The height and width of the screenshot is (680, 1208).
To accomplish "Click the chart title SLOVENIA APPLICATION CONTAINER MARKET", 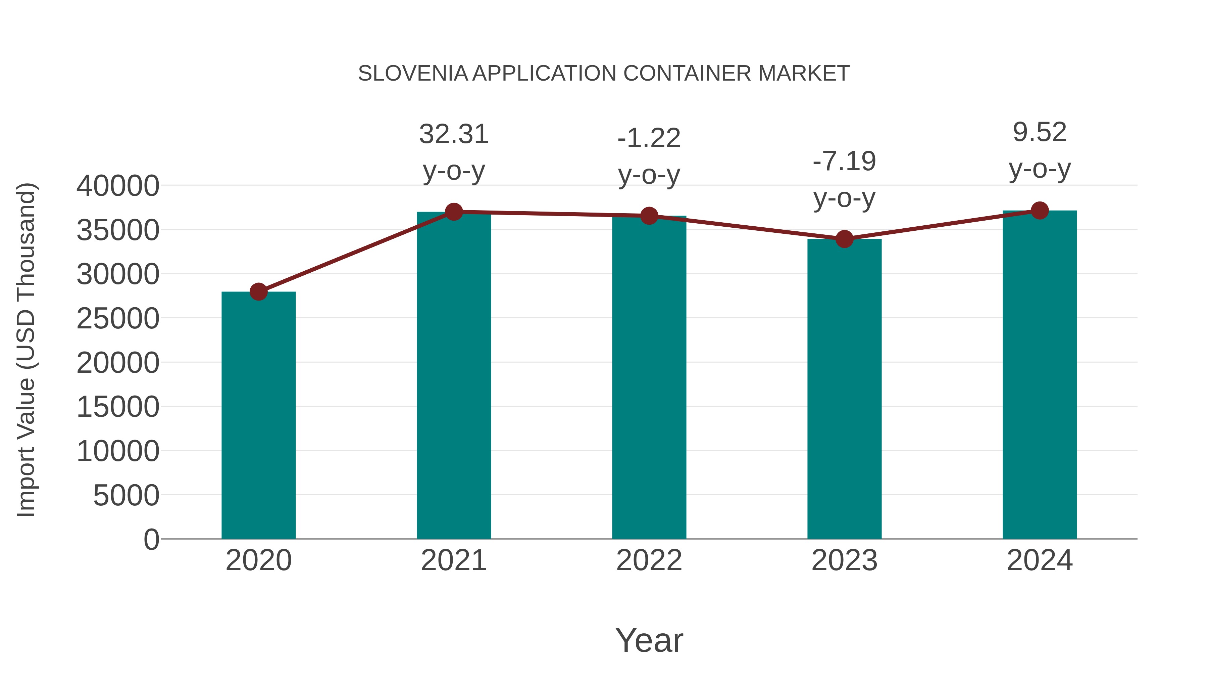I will pyautogui.click(x=604, y=74).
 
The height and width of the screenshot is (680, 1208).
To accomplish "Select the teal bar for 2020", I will pyautogui.click(x=258, y=415).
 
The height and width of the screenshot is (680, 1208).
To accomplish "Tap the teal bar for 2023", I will pyautogui.click(x=844, y=390).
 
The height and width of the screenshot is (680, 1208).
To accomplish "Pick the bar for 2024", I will pyautogui.click(x=1040, y=375).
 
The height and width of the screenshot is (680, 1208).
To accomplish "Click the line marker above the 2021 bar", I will pyautogui.click(x=453, y=212).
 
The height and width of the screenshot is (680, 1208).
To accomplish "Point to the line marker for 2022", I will pyautogui.click(x=649, y=216).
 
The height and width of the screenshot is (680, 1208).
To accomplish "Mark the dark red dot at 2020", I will pyautogui.click(x=258, y=292).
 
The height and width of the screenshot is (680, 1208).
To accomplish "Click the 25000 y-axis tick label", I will pyautogui.click(x=118, y=319).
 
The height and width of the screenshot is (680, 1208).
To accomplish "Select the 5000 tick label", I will pyautogui.click(x=126, y=496).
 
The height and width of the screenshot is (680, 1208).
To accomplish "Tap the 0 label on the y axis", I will pyautogui.click(x=151, y=540).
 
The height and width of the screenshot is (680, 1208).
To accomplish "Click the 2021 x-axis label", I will pyautogui.click(x=453, y=560).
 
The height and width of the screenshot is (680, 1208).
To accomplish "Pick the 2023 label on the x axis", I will pyautogui.click(x=844, y=560).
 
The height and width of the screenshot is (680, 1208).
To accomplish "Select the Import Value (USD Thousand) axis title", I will pyautogui.click(x=26, y=350).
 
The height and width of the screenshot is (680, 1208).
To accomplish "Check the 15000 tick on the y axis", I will pyautogui.click(x=118, y=407).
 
